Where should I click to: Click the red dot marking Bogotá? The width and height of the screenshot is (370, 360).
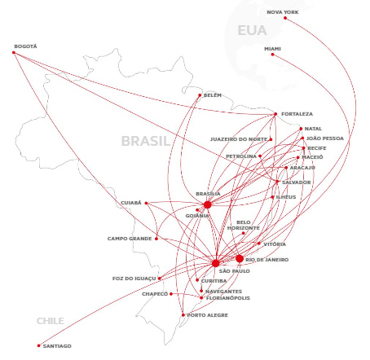pos(14,52)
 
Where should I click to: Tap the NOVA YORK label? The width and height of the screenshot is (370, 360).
pos(283,12)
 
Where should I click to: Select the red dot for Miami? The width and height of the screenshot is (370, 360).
pos(272,55)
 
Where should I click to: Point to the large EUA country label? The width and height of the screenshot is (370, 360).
pos(252,30)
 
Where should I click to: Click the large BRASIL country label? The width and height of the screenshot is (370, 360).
pos(146,141)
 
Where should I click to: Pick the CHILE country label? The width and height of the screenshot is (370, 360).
pos(51,321)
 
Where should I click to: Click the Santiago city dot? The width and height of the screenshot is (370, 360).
pos(39,345)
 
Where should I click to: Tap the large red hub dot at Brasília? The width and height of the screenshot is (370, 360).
pos(207,204)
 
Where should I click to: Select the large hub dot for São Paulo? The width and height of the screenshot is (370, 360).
pos(216,263)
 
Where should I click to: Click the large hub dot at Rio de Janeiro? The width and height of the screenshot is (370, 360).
pos(240,259)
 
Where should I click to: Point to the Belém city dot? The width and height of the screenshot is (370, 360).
pos(200,95)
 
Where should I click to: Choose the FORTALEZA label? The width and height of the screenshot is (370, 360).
pos(297,114)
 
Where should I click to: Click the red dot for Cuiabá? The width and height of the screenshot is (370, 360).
pos(146,203)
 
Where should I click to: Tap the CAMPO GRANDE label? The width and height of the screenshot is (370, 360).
pos(130,239)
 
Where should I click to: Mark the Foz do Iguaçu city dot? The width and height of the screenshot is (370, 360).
pos(160,279)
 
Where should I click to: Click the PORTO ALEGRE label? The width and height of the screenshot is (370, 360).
pos(208,315)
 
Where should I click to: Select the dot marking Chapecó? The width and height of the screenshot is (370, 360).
pos(171,294)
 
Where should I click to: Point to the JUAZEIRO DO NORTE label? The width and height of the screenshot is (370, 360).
pos(239,139)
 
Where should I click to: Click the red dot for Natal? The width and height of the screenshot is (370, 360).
pos(301,129)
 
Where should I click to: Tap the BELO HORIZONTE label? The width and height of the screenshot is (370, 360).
pos(244,226)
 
